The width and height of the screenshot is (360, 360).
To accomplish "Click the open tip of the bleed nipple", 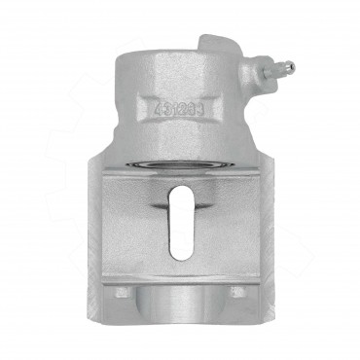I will (x=291, y=67).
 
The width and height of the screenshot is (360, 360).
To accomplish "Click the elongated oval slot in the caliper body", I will (x=181, y=222).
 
